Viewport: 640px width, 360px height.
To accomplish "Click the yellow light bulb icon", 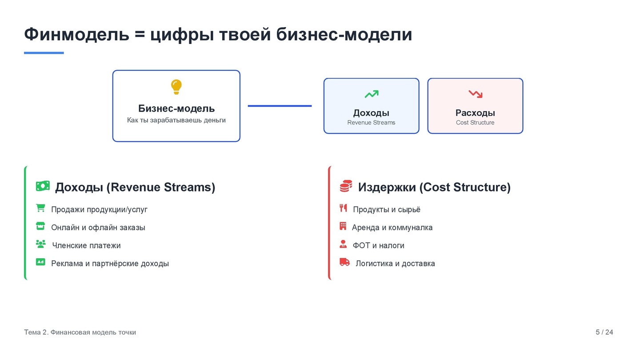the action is coord(176,87).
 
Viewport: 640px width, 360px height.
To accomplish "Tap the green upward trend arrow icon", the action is coord(372,94).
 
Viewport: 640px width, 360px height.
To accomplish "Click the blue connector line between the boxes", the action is coord(280,106).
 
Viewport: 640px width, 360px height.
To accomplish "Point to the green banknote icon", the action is coord(43,186).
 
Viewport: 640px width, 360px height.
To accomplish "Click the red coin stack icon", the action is coord(346,186).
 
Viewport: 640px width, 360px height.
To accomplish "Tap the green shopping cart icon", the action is coord(40,208).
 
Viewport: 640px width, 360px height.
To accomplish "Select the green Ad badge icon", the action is coord(40,262).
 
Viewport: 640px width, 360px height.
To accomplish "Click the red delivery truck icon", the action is coord(344,262).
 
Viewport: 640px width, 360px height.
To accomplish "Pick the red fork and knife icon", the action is coord(343,208).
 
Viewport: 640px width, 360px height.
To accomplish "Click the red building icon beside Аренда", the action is coord(343,226).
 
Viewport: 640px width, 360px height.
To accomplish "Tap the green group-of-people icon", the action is coord(41,244).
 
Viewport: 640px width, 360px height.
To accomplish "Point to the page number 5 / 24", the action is coord(604,332).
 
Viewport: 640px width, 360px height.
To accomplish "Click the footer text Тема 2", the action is coord(36,332).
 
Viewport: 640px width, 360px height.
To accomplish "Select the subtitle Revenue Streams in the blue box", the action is coord(371,123).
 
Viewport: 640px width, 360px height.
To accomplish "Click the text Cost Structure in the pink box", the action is coord(475,123).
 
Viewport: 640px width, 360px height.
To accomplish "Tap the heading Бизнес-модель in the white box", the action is coord(176,108).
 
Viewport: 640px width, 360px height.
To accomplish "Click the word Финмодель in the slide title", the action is coord(76,34).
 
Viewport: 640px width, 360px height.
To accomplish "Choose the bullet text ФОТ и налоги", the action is coord(378,245).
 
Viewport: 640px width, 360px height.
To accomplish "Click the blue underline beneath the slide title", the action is coord(44,53).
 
